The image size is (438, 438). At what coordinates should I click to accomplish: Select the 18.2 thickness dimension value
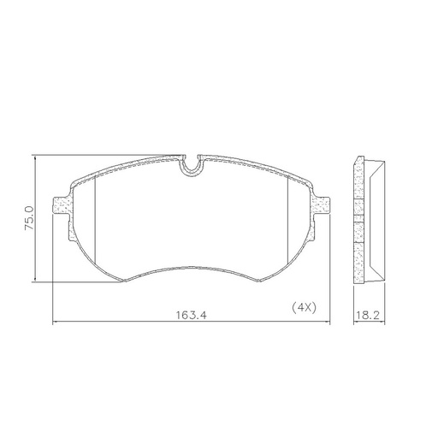[366, 314]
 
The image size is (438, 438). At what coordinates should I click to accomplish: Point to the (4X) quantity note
[304, 306]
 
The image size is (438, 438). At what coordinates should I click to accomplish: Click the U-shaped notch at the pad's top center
[193, 164]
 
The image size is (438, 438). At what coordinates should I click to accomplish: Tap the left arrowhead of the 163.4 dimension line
[56, 323]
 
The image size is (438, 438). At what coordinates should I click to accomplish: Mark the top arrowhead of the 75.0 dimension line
[35, 158]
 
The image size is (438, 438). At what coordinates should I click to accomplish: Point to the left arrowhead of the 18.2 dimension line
[354, 323]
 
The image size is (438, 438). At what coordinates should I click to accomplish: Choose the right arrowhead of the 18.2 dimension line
[379, 323]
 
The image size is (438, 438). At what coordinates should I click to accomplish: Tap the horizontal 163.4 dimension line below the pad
[128, 323]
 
